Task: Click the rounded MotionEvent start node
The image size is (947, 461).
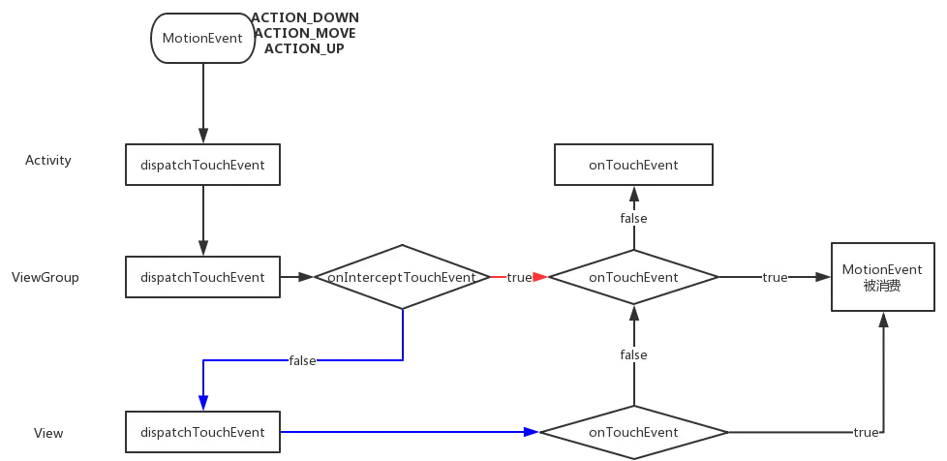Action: click(202, 39)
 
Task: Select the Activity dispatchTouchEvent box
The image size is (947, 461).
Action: click(202, 166)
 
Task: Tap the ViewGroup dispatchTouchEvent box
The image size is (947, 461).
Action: click(202, 277)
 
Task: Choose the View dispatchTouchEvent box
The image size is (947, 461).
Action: click(202, 432)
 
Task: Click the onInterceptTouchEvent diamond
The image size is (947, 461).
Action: click(402, 277)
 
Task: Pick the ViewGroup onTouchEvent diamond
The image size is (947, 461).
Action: click(633, 277)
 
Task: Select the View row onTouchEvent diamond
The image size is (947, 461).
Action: click(633, 432)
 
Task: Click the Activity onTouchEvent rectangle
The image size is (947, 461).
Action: click(633, 165)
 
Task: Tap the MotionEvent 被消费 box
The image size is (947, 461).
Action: click(882, 277)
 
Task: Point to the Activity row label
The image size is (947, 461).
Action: click(48, 161)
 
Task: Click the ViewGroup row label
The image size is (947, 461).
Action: click(46, 278)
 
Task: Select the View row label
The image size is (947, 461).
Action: click(48, 433)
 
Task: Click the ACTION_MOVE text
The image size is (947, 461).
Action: click(304, 33)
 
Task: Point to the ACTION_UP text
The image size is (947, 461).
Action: click(304, 48)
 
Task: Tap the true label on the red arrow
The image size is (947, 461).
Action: click(519, 278)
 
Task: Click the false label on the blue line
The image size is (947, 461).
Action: click(302, 361)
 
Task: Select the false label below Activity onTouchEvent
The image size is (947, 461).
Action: click(633, 219)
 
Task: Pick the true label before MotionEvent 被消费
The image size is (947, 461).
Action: click(775, 278)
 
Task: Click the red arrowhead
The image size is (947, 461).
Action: click(540, 277)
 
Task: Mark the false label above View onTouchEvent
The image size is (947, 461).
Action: click(633, 355)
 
